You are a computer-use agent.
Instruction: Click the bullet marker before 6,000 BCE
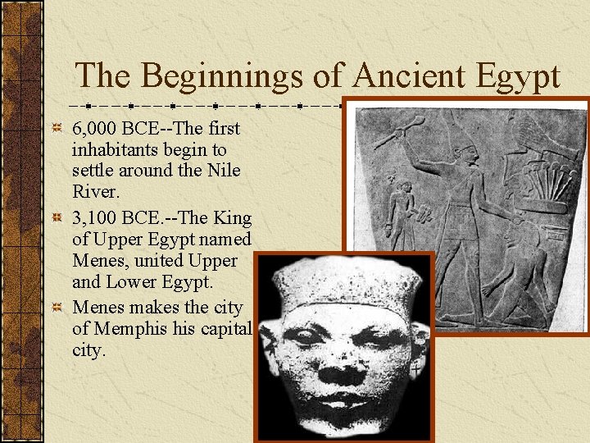[56, 129]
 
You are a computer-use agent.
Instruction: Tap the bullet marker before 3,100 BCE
[56, 218]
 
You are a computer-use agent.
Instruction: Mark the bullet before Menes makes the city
[56, 308]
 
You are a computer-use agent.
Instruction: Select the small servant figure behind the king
[402, 209]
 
